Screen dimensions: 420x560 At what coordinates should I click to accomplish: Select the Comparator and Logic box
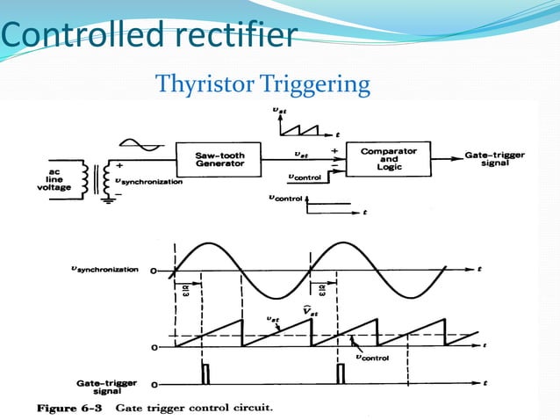pyautogui.click(x=390, y=159)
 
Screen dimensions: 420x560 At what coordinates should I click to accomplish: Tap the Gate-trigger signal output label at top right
pyautogui.click(x=496, y=159)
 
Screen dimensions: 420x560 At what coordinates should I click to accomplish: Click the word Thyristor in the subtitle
pyautogui.click(x=204, y=85)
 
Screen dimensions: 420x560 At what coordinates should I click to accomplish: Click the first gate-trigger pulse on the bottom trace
pyautogui.click(x=205, y=373)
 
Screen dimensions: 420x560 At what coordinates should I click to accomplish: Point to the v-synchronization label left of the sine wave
pyautogui.click(x=104, y=270)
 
